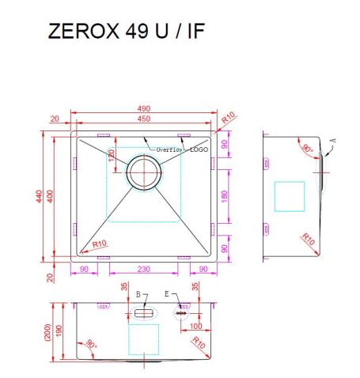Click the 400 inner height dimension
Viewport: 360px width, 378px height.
(51, 198)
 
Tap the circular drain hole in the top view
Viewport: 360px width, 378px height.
(144, 171)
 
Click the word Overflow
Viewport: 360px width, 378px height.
(169, 149)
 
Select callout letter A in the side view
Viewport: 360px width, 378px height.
(332, 140)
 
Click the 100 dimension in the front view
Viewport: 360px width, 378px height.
(194, 326)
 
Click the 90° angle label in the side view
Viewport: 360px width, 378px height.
(305, 147)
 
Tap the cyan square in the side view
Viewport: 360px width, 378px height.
(289, 195)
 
